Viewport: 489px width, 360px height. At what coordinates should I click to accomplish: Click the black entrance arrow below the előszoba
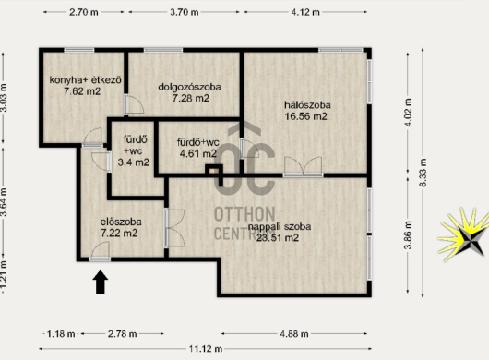click(x=101, y=282)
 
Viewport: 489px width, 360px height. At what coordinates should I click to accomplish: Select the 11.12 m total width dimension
click(x=206, y=348)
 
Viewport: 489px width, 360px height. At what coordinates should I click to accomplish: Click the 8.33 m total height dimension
click(x=423, y=173)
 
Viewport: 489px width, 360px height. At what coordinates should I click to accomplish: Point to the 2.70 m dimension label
click(x=84, y=12)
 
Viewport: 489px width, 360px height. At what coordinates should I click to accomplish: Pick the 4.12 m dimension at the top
click(x=305, y=12)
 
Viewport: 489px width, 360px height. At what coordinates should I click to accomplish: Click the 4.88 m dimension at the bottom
click(x=294, y=334)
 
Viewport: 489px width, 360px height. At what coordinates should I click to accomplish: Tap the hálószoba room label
click(x=307, y=105)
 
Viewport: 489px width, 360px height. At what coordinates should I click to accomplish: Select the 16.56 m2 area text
click(x=306, y=116)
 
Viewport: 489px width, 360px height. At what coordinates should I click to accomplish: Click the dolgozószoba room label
click(x=190, y=87)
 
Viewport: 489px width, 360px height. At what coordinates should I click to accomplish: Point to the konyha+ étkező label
click(x=85, y=80)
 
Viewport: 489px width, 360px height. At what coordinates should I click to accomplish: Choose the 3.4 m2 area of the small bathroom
click(x=134, y=162)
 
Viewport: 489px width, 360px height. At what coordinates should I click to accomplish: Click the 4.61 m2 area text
click(x=198, y=153)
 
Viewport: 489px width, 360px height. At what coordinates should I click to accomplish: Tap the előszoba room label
click(x=121, y=222)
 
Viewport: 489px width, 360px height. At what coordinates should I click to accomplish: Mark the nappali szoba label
click(x=280, y=226)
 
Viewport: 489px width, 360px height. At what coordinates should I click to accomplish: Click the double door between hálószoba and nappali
click(x=303, y=166)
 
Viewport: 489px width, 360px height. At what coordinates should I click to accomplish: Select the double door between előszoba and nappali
click(x=174, y=228)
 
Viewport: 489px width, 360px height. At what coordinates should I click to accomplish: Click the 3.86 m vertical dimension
click(x=408, y=235)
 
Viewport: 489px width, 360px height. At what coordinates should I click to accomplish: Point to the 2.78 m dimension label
click(x=122, y=334)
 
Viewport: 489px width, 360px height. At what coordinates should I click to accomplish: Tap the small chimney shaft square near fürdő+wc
click(x=214, y=171)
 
